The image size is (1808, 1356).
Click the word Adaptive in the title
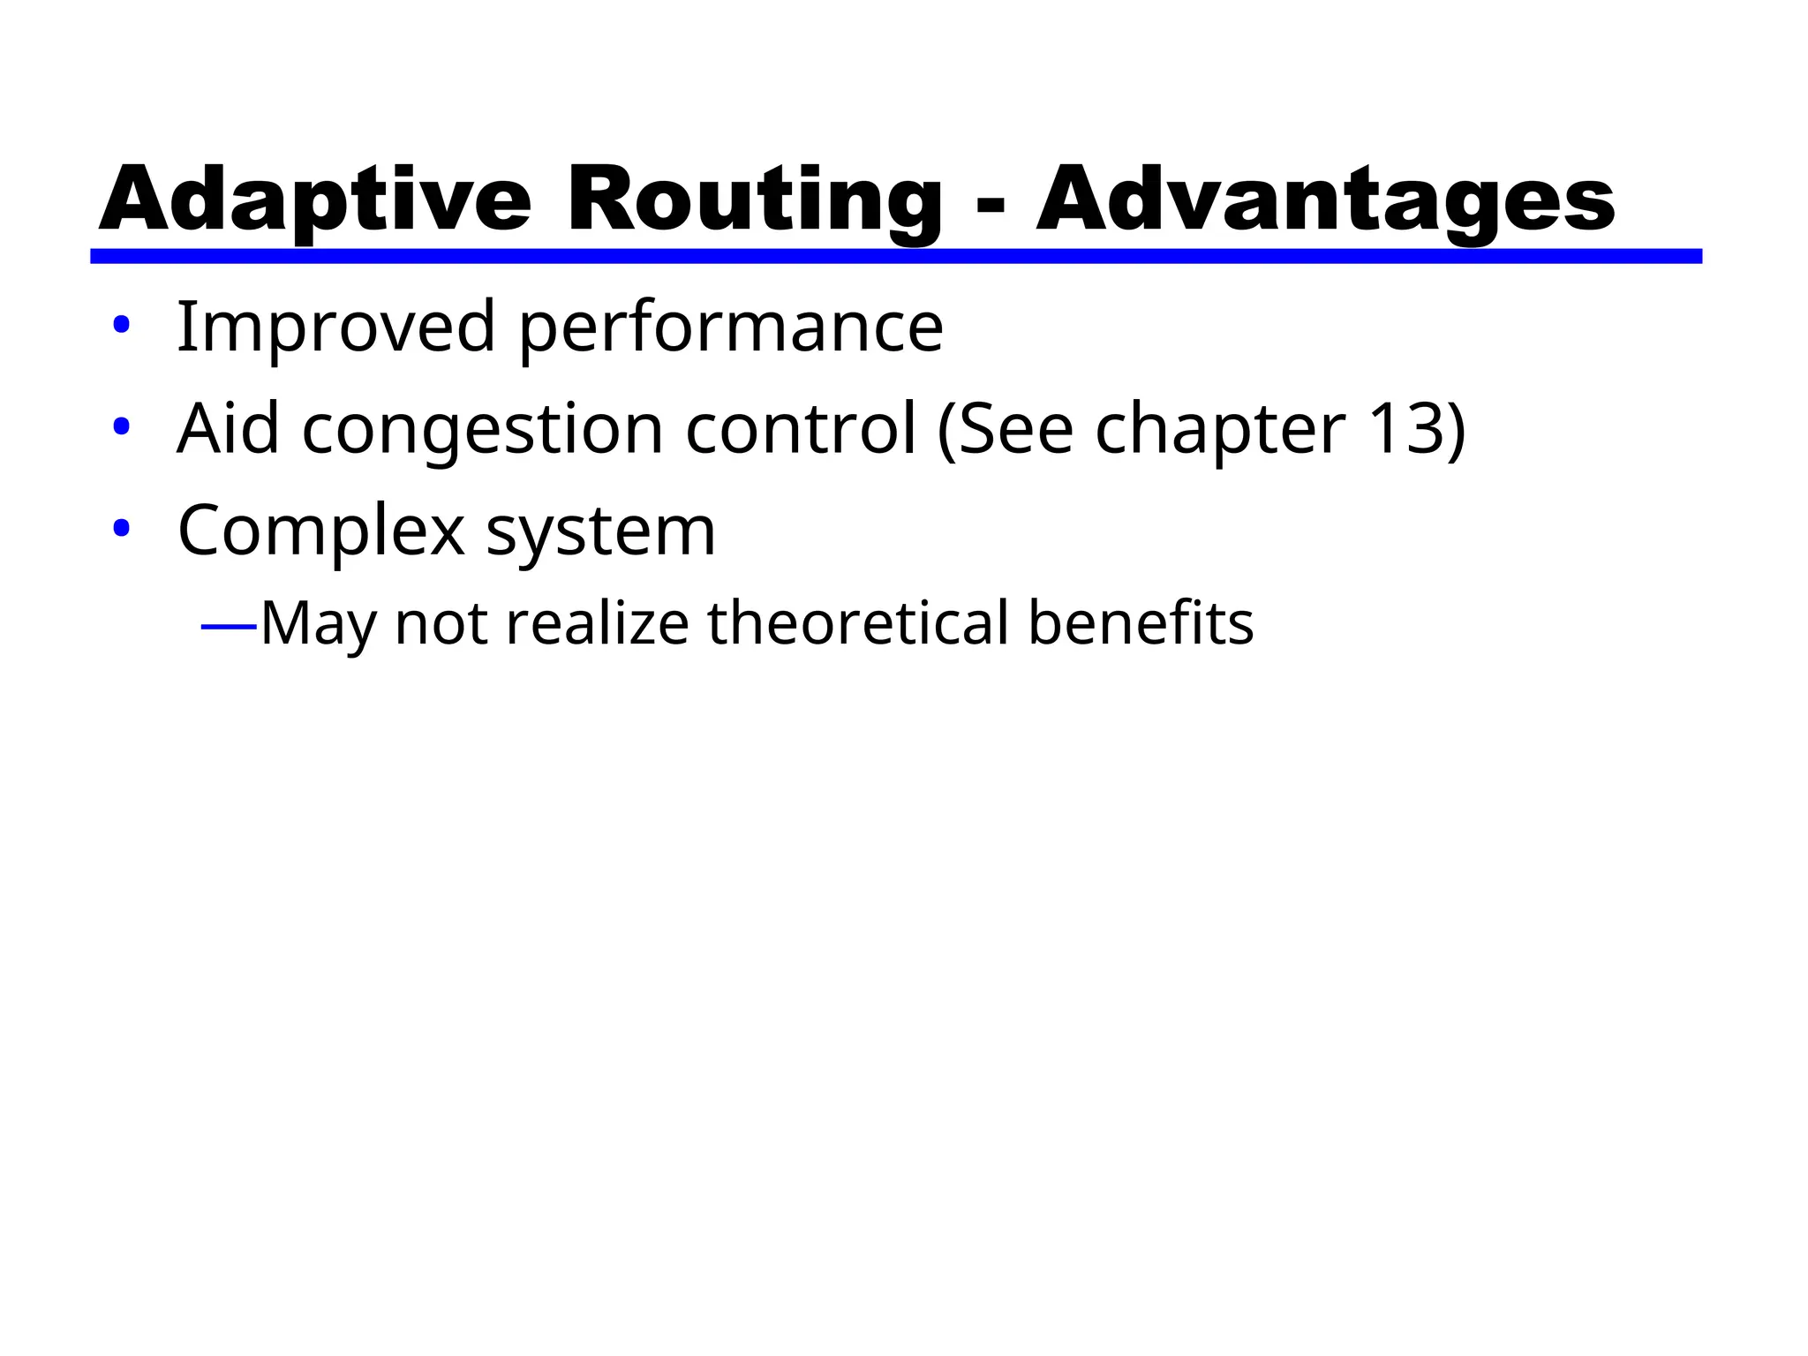(x=315, y=200)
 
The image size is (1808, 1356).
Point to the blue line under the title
(x=896, y=256)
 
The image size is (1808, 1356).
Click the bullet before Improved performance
(x=122, y=325)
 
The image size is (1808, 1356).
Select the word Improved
(x=336, y=328)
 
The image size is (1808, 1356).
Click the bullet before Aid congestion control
(x=122, y=427)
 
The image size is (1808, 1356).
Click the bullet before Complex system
(x=122, y=529)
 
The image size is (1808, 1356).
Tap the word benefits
(x=1141, y=623)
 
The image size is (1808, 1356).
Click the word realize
(x=598, y=623)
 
